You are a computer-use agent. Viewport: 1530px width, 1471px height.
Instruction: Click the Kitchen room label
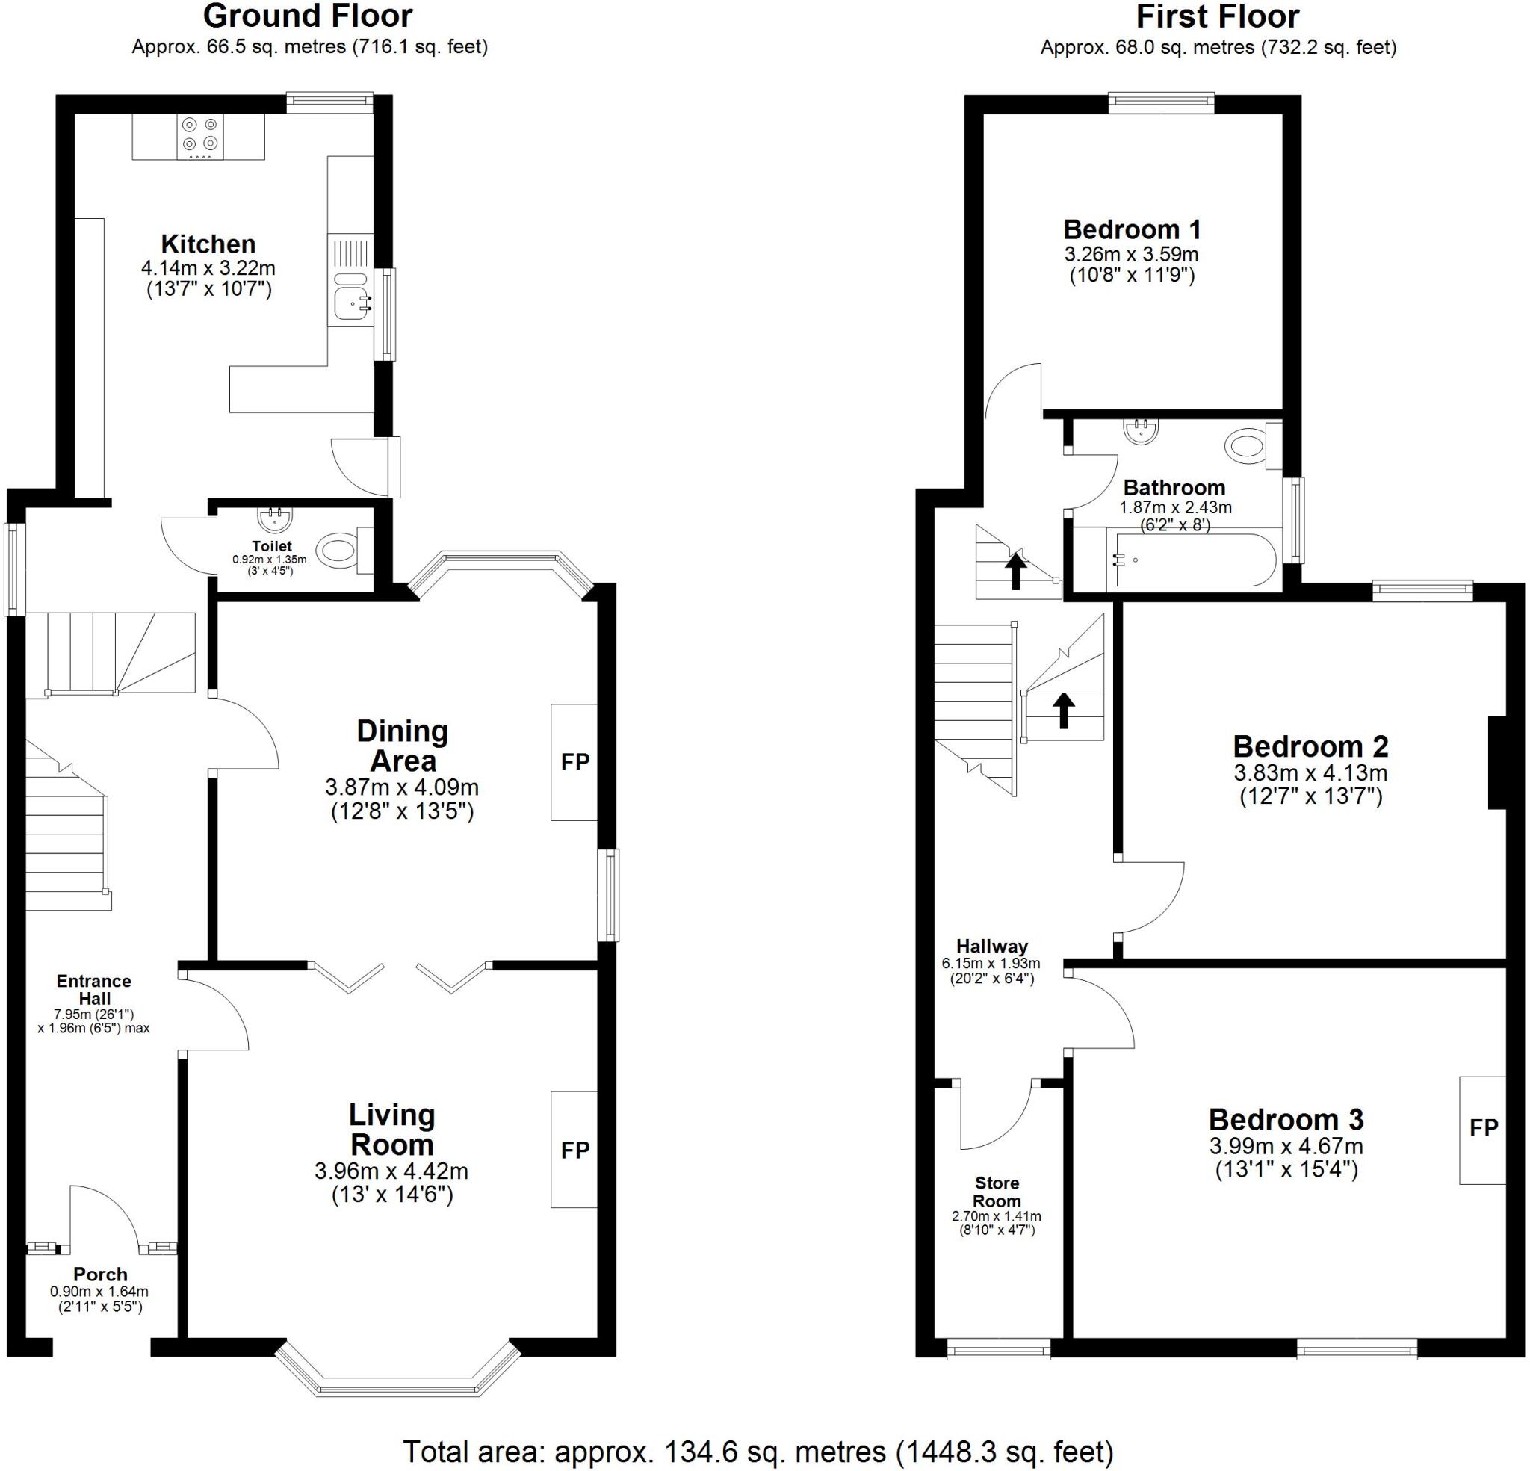click(208, 244)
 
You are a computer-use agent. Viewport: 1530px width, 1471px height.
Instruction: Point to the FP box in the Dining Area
click(574, 762)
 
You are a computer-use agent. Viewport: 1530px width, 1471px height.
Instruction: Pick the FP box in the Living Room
click(574, 1149)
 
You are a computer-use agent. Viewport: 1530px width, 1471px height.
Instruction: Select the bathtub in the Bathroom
click(1194, 560)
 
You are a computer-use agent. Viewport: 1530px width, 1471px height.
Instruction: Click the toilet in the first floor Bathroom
click(1252, 446)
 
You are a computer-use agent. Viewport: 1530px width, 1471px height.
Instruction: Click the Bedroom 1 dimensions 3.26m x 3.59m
click(1131, 255)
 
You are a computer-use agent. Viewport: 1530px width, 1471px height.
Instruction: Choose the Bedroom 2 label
click(1310, 746)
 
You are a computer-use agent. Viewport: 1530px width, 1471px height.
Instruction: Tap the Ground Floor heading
click(309, 16)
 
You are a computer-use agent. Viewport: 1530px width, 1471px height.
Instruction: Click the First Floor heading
click(1217, 16)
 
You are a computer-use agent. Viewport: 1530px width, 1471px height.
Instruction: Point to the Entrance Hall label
click(93, 990)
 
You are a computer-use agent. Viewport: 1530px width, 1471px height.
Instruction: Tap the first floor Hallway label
click(992, 947)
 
